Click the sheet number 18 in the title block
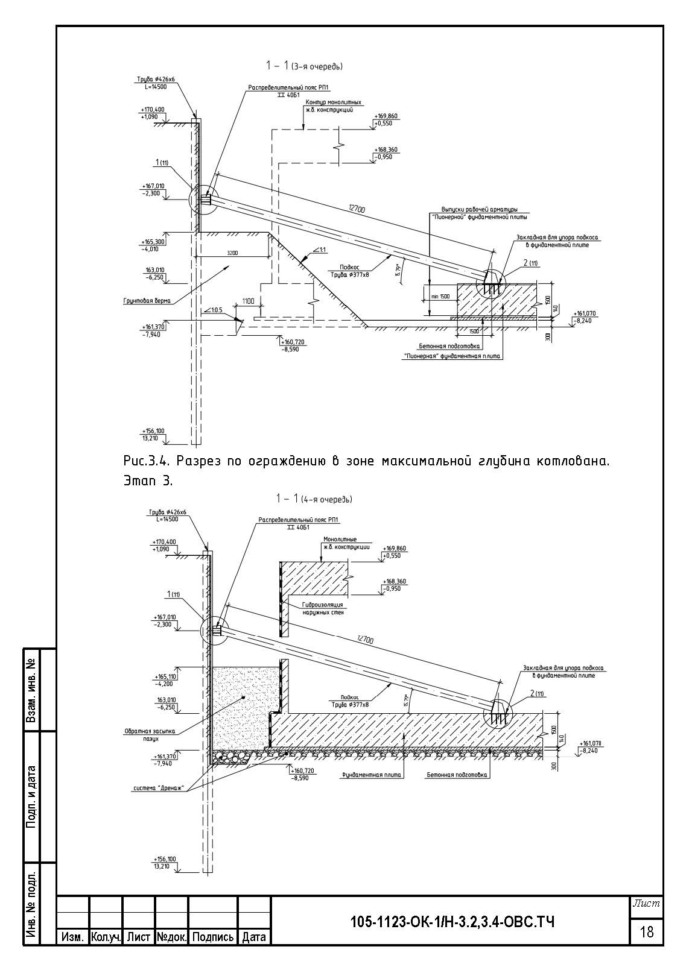point(646,932)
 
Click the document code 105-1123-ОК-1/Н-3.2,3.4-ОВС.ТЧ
point(452,922)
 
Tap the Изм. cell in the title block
point(72,937)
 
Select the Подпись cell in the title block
point(212,937)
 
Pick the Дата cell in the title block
point(254,937)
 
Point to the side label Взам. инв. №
point(32,690)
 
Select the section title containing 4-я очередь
point(314,499)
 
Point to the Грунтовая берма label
point(147,300)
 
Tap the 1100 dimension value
point(249,300)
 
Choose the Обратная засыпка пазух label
point(150,734)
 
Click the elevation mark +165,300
point(153,241)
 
